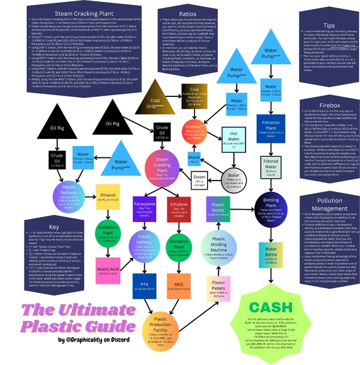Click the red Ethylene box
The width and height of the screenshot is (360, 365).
click(x=179, y=208)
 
